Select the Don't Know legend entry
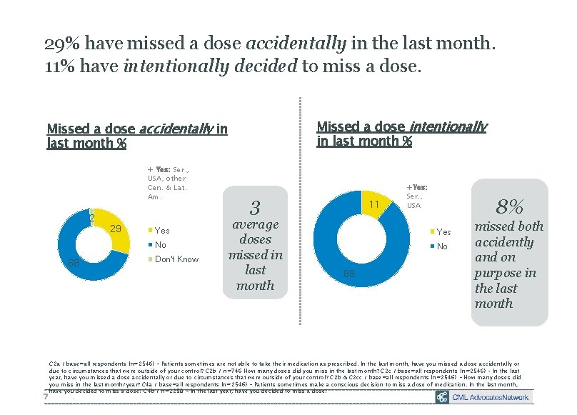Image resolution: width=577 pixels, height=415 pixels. click(x=176, y=259)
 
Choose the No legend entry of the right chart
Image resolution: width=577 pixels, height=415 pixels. click(x=441, y=246)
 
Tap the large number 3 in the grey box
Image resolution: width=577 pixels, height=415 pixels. click(x=255, y=208)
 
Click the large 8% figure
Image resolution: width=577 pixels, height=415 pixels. click(x=511, y=206)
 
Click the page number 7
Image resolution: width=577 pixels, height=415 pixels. click(x=45, y=396)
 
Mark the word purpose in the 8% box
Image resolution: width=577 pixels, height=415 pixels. click(x=504, y=273)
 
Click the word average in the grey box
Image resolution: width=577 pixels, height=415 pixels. click(x=255, y=224)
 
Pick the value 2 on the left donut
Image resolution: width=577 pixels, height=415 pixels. click(x=91, y=217)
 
